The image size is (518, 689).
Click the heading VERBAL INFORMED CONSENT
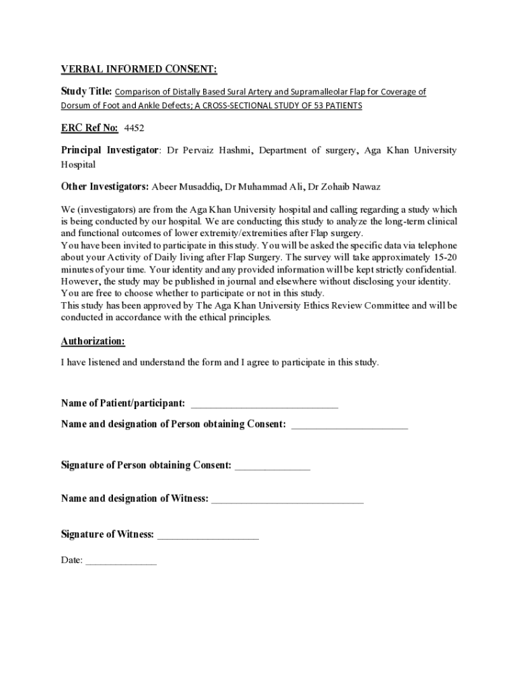139,69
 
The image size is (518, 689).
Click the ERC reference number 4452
135,128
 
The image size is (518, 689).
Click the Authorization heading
93,342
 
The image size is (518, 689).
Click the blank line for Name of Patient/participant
264,404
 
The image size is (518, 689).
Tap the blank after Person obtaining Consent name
350,425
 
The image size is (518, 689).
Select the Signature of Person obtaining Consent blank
272,466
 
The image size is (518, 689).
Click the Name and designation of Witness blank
287,500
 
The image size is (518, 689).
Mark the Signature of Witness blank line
208,536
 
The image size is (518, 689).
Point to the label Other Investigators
105,186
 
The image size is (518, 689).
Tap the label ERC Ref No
89,128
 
